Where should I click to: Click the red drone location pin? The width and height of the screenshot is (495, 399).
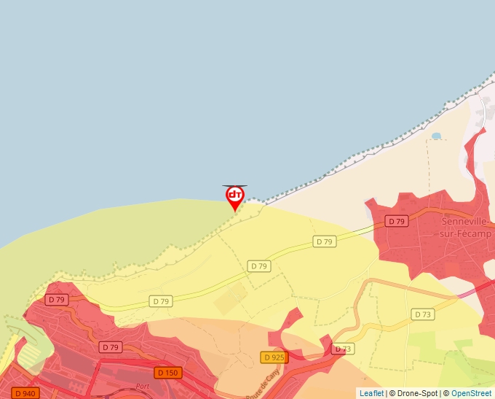click(x=234, y=198)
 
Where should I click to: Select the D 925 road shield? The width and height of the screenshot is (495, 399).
click(x=274, y=357)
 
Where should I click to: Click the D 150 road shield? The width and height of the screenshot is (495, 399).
click(x=167, y=373)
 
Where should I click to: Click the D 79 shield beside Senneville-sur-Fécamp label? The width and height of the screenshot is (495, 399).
click(x=396, y=221)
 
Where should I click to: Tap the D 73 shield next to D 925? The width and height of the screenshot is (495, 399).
click(x=342, y=349)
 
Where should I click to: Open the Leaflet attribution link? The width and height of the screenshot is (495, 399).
click(x=371, y=393)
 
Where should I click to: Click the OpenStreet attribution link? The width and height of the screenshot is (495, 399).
click(x=471, y=393)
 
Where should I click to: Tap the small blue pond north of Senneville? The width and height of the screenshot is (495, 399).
click(x=436, y=136)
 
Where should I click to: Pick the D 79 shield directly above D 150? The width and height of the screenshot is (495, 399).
click(x=110, y=347)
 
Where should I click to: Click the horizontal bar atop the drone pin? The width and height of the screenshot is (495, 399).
click(x=234, y=186)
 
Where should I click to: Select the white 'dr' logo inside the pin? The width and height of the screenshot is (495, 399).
click(x=234, y=195)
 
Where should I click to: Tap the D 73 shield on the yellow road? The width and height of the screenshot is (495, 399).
click(x=422, y=314)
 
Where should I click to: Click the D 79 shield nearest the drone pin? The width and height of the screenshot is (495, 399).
click(x=259, y=266)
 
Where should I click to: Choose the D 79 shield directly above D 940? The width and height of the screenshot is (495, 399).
click(x=56, y=300)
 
